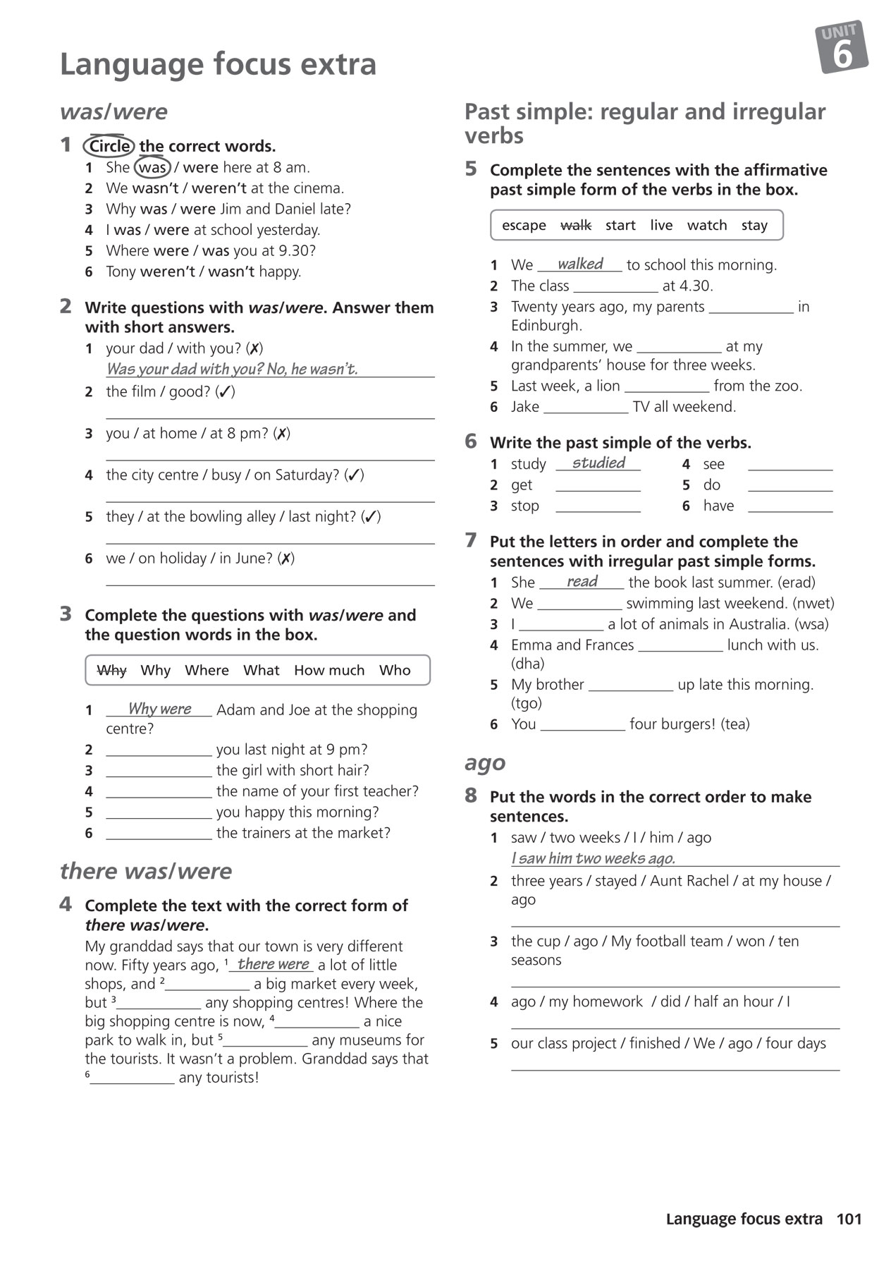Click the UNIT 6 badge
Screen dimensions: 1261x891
(842, 47)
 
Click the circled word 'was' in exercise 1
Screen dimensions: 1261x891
(152, 168)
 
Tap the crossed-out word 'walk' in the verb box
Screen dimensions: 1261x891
(575, 226)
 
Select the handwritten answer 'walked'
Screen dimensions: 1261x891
(580, 264)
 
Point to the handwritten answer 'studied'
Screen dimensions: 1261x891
(598, 463)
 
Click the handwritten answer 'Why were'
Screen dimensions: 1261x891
(159, 709)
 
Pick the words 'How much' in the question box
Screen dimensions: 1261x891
(329, 671)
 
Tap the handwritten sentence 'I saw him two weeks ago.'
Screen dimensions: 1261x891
(593, 858)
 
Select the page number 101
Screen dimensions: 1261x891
(849, 1219)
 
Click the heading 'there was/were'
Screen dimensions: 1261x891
(146, 871)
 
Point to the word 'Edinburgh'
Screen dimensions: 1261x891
(546, 326)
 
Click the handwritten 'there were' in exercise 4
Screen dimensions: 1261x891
(274, 964)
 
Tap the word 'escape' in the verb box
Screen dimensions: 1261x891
(524, 226)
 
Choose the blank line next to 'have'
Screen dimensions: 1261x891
(789, 506)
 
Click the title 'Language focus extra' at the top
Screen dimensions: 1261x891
(219, 64)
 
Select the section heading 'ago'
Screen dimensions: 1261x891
(485, 762)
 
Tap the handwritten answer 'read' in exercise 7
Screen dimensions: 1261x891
(582, 581)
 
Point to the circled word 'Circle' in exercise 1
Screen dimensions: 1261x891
(109, 147)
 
